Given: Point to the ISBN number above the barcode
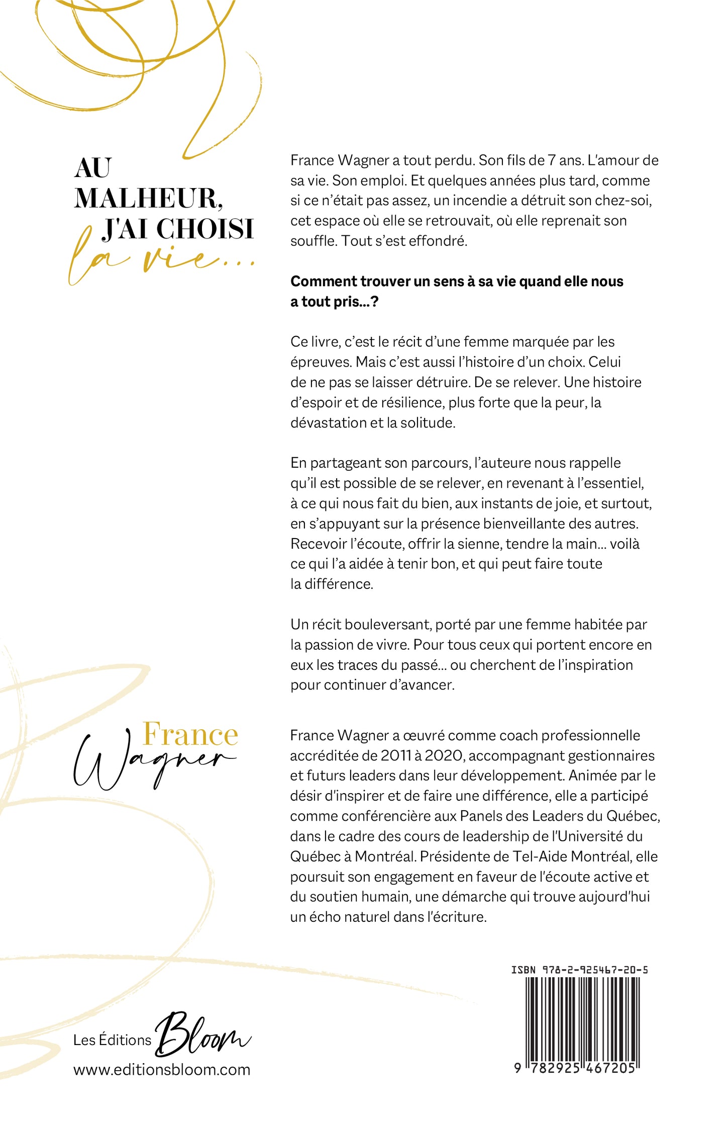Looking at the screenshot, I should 580,969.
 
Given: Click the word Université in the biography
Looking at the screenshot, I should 590,836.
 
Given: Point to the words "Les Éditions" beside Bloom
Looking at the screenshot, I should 112,1040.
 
